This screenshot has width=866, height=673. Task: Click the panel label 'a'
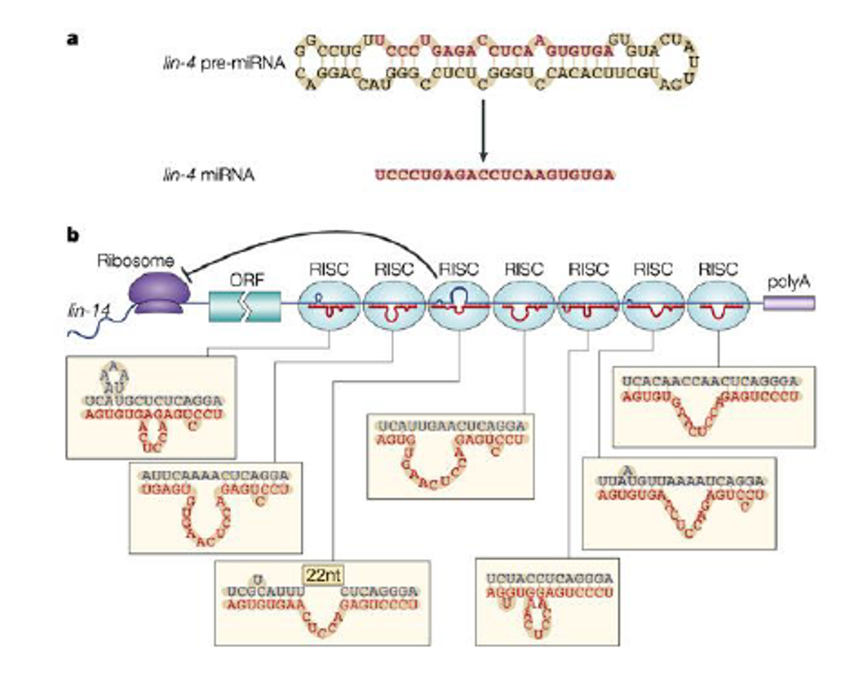click(73, 38)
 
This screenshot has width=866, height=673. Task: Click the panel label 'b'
click(73, 234)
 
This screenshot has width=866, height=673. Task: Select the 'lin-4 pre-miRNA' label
click(223, 63)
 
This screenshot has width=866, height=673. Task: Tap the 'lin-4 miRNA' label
click(208, 175)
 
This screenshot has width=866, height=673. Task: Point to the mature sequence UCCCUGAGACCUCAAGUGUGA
click(494, 175)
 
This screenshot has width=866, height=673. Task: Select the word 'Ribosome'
click(135, 261)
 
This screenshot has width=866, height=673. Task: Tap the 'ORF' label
click(246, 279)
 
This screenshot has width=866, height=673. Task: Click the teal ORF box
click(245, 306)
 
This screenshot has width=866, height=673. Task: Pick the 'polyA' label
click(788, 282)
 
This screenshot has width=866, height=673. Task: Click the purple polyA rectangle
click(789, 303)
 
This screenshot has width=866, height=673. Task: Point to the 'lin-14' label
click(88, 310)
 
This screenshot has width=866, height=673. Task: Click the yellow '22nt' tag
click(323, 575)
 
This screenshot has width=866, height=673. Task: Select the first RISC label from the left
click(329, 269)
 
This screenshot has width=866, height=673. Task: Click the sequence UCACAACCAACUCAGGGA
click(710, 382)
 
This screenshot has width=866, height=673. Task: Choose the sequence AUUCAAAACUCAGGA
click(215, 476)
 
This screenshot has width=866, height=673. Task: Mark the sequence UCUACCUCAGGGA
click(549, 579)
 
